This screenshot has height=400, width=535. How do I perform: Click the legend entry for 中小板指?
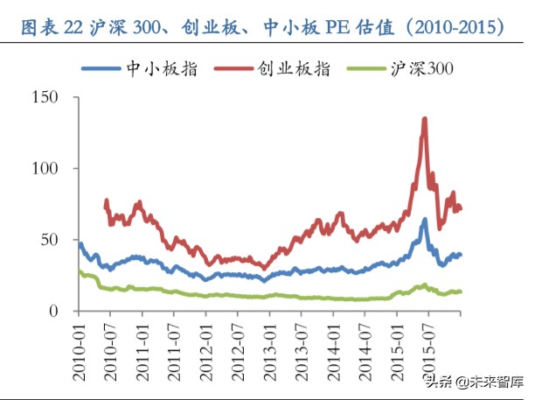pos(140,68)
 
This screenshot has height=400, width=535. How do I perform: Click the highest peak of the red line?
pos(425,118)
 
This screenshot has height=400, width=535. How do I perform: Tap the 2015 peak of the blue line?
pos(425,220)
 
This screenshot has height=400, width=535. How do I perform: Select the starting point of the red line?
pos(106,201)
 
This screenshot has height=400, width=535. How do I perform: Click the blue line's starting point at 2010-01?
pos(80,243)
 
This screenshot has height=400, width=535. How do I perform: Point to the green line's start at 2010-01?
pos(80,271)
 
